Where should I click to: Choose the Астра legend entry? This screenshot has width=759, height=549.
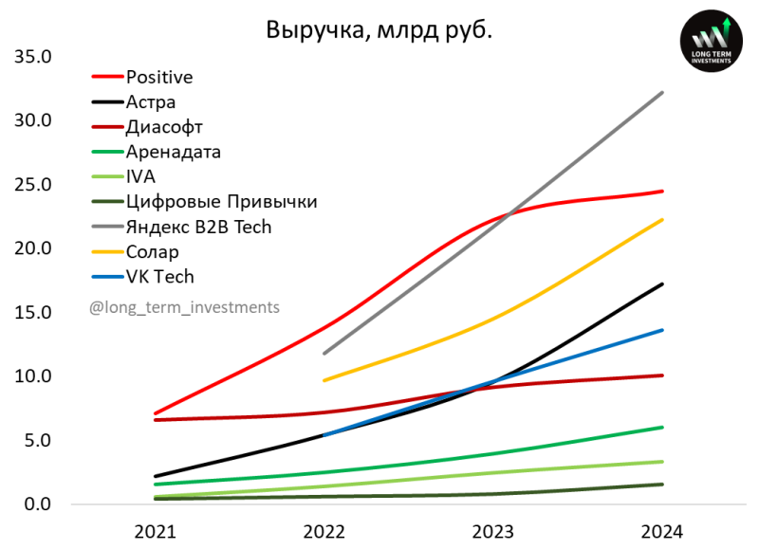151,101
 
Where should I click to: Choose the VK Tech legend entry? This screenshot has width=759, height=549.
159,276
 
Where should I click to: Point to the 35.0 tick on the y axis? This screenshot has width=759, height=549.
32,57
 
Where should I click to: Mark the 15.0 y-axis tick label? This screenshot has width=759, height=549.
32,313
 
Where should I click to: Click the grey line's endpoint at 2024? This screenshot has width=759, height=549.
662,92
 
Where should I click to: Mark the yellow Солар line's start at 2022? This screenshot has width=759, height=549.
324,380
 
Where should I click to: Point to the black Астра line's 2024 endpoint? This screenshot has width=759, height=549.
662,284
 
